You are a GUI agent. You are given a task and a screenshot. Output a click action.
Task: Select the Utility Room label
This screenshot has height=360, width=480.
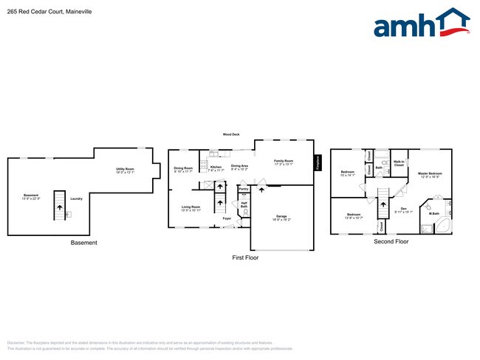125,170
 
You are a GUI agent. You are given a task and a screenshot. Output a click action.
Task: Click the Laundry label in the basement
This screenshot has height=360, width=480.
76,198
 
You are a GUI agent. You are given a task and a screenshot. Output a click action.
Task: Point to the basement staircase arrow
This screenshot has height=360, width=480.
58,211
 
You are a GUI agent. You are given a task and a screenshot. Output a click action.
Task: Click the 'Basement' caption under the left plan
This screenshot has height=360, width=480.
83,243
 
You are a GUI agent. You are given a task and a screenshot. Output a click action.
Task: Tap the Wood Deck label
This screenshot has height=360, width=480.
231,134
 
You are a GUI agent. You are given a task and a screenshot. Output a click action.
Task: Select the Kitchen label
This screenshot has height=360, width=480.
216,167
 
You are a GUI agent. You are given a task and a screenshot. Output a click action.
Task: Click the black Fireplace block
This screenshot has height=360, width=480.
318,163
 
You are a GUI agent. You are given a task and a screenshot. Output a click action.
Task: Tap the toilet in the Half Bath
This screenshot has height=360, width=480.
246,212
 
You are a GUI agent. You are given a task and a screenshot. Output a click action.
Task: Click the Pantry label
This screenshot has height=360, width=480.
243,190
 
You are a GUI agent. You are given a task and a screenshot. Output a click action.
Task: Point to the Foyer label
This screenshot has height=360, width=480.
227,218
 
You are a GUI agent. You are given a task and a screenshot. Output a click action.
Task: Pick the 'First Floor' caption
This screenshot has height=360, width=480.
245,258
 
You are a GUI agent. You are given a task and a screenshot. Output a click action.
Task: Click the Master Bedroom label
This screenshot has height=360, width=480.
431,174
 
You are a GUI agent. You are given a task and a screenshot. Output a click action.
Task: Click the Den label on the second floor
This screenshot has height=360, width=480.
404,209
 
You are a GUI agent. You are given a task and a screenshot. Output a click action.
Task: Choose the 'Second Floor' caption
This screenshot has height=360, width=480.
391,241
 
